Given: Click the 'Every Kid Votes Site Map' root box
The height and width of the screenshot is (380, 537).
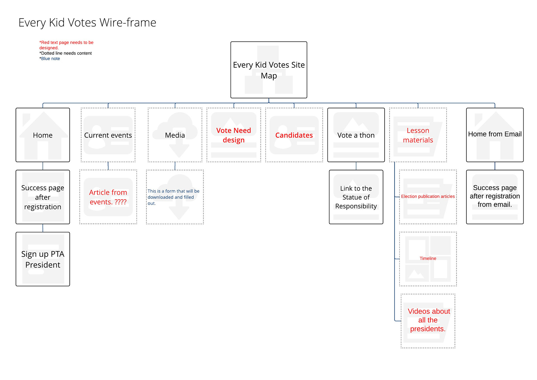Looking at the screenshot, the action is click(268, 70).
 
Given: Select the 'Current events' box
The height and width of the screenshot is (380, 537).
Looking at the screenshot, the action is click(108, 135).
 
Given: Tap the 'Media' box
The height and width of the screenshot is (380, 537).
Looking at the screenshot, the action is click(175, 135).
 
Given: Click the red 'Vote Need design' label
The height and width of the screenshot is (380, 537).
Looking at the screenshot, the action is click(234, 135).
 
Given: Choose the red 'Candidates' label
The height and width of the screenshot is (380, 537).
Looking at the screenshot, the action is click(294, 135).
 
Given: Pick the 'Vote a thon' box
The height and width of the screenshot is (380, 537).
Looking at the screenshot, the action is click(356, 135).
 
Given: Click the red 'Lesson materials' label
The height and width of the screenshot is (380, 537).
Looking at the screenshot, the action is click(418, 135).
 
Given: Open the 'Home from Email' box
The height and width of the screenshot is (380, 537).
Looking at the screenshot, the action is click(494, 134).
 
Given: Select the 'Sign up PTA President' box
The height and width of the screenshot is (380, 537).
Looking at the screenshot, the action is click(43, 259).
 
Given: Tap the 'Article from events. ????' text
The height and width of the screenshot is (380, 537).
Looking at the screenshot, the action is click(108, 197).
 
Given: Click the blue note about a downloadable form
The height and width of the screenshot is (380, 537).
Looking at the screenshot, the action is click(173, 197).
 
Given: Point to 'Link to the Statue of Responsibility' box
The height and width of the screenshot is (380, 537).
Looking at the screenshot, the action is click(356, 197).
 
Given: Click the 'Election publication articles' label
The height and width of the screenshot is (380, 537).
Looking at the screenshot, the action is click(428, 196).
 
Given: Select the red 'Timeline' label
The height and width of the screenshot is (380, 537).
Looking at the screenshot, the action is click(428, 258).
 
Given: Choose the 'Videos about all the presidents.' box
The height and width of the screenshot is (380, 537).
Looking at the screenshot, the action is click(428, 320).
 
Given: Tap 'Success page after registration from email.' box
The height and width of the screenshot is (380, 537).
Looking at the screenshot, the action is click(494, 196).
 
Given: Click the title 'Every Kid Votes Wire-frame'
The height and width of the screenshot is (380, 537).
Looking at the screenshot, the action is click(87, 23).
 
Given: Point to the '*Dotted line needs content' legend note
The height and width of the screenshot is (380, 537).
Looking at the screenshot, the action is click(65, 53).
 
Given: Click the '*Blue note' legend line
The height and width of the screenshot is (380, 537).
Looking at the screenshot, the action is click(50, 59).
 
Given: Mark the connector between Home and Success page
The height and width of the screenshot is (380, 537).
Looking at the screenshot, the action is click(43, 166).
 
